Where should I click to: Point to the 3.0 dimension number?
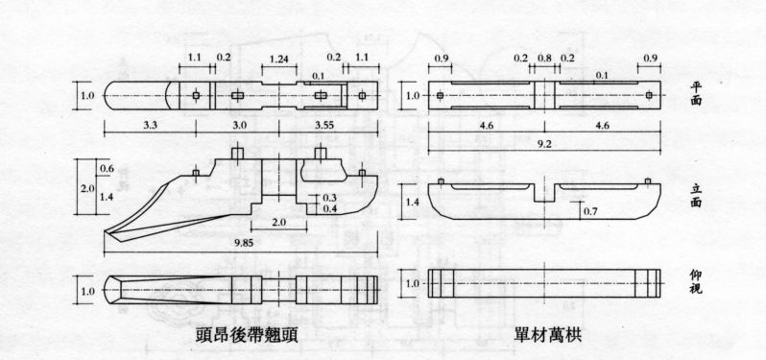[x=240, y=126]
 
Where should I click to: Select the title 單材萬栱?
[x=544, y=337]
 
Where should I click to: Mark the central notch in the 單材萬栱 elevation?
[x=545, y=194]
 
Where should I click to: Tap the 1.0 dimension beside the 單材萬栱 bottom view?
[x=413, y=285]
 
